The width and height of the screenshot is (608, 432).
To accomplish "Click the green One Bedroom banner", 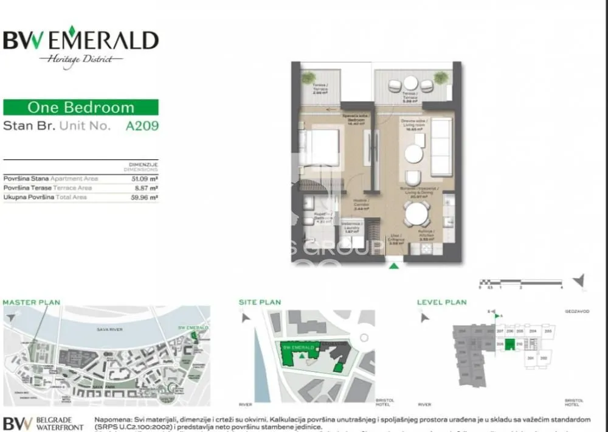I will click(81, 108).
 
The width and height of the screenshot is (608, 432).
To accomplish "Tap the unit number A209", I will click(142, 127).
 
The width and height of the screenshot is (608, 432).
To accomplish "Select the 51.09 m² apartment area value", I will click(146, 179).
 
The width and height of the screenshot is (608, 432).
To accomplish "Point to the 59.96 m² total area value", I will click(146, 198).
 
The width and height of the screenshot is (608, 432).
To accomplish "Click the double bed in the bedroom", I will click(319, 147).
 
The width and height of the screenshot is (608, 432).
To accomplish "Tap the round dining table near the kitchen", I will click(416, 214).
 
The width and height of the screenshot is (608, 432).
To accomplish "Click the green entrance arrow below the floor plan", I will click(394, 265).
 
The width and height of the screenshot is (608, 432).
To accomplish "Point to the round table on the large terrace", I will click(411, 83).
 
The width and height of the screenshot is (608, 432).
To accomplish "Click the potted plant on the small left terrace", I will click(309, 78).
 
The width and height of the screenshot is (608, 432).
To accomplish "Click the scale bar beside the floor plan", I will click(520, 282).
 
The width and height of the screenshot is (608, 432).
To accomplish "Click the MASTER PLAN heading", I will click(32, 302).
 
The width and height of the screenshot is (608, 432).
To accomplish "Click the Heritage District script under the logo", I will click(81, 59).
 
